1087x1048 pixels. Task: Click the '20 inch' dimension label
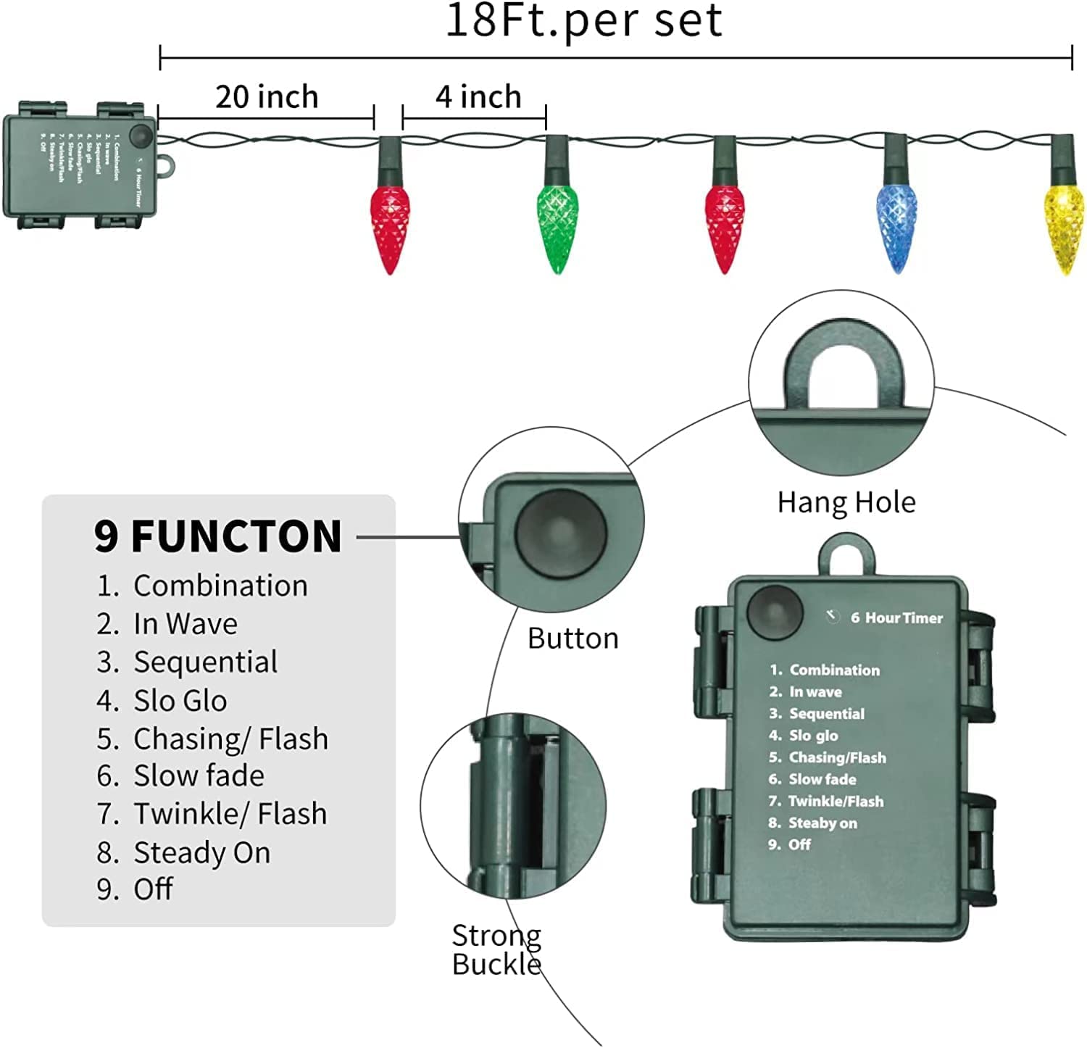tap(267, 97)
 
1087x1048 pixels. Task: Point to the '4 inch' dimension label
tap(478, 97)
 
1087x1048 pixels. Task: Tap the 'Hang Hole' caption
tap(846, 502)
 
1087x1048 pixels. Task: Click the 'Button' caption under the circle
tap(572, 639)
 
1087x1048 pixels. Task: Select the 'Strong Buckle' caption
tap(496, 949)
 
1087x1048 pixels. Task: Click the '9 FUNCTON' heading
tap(217, 536)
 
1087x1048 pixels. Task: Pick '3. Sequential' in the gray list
tap(187, 662)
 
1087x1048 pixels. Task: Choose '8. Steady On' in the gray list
tap(183, 852)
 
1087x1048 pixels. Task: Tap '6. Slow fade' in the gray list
tap(180, 775)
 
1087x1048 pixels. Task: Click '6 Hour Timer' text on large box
tap(896, 618)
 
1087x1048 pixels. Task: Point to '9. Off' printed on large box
tap(790, 844)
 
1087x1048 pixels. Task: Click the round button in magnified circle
tap(559, 534)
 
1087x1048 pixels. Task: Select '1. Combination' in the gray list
tap(202, 586)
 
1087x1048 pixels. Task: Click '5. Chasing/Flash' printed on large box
tap(828, 757)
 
